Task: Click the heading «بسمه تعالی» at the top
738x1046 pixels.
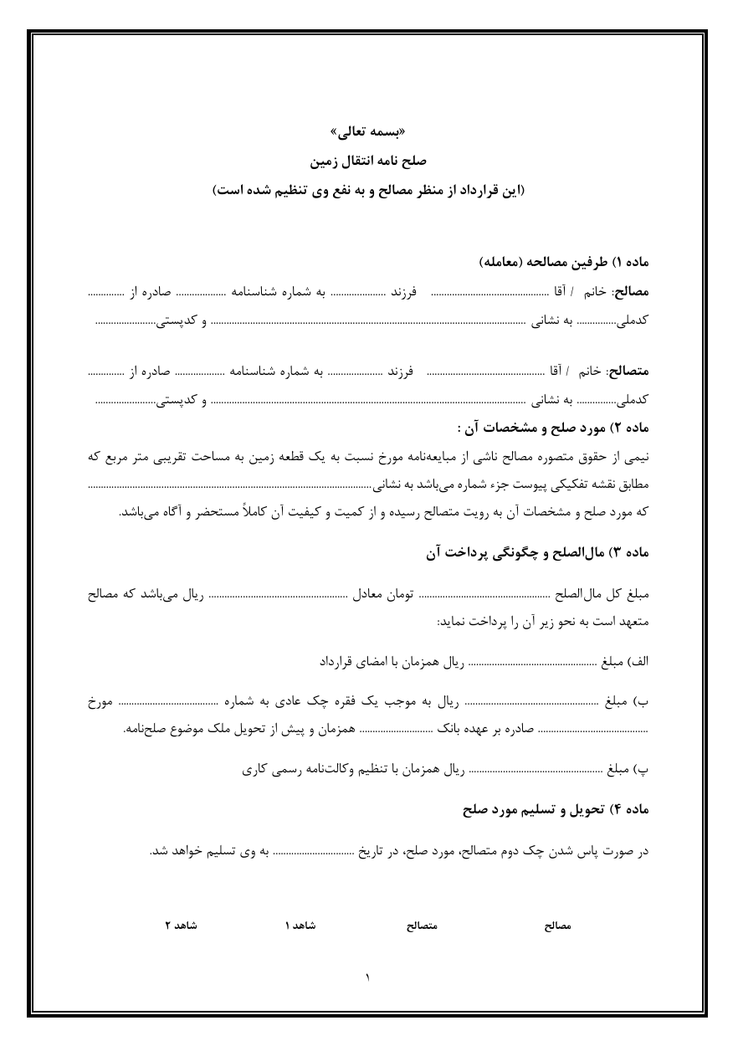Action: coord(368,132)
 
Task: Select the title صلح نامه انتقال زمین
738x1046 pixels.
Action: coord(368,159)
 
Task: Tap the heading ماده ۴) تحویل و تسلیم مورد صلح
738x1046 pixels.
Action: coord(556,811)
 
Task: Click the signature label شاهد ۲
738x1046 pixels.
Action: coord(181,926)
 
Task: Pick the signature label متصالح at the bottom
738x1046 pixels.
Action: coord(422,926)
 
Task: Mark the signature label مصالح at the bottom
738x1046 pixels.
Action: coord(556,926)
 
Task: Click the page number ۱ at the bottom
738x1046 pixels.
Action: coord(368,977)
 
